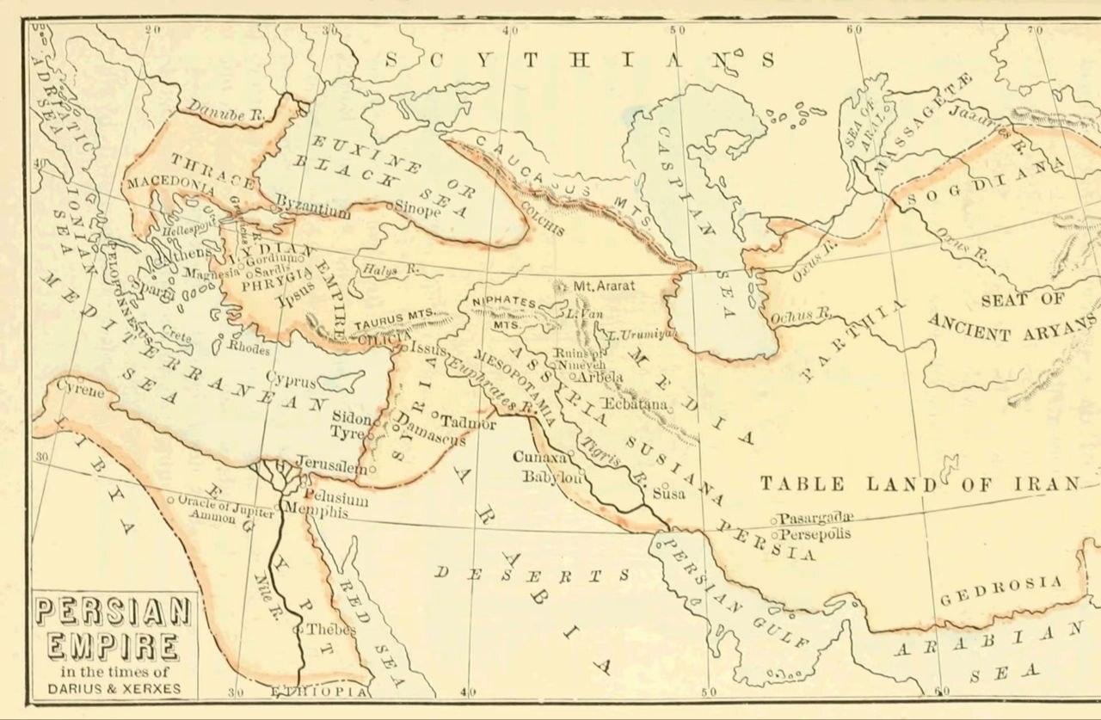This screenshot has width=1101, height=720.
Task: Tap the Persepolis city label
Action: (x=815, y=534)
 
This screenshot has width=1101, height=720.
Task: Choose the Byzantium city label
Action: (x=312, y=210)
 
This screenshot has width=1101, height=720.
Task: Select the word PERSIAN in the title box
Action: (x=112, y=613)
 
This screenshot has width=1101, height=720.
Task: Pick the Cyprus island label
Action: (x=290, y=380)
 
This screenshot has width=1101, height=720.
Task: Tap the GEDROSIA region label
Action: (x=1001, y=591)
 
